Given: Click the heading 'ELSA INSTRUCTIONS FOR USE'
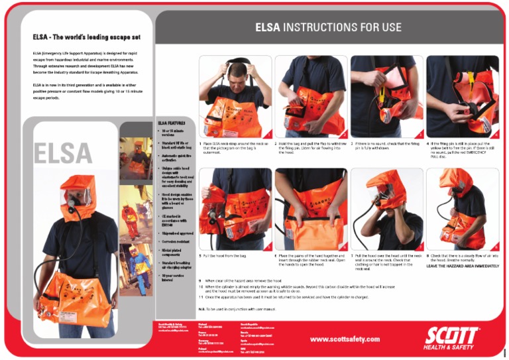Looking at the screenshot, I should point(329,27).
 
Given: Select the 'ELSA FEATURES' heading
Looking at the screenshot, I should point(172,123).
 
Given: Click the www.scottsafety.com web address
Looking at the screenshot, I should point(345,339).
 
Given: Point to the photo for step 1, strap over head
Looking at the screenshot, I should point(235,96).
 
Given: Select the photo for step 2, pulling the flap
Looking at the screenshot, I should point(310,96).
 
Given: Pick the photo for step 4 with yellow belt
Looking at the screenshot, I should point(462,96).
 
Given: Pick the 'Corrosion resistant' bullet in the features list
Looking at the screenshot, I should point(173,243).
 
